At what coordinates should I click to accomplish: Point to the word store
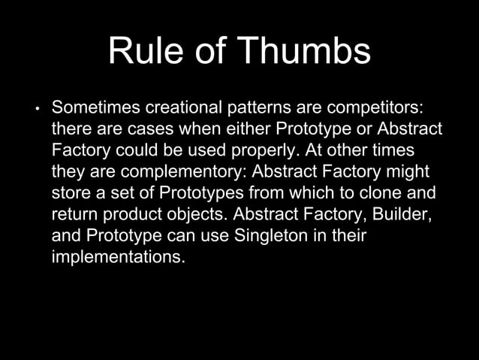tap(70, 192)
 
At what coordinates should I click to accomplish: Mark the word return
tap(74, 214)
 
